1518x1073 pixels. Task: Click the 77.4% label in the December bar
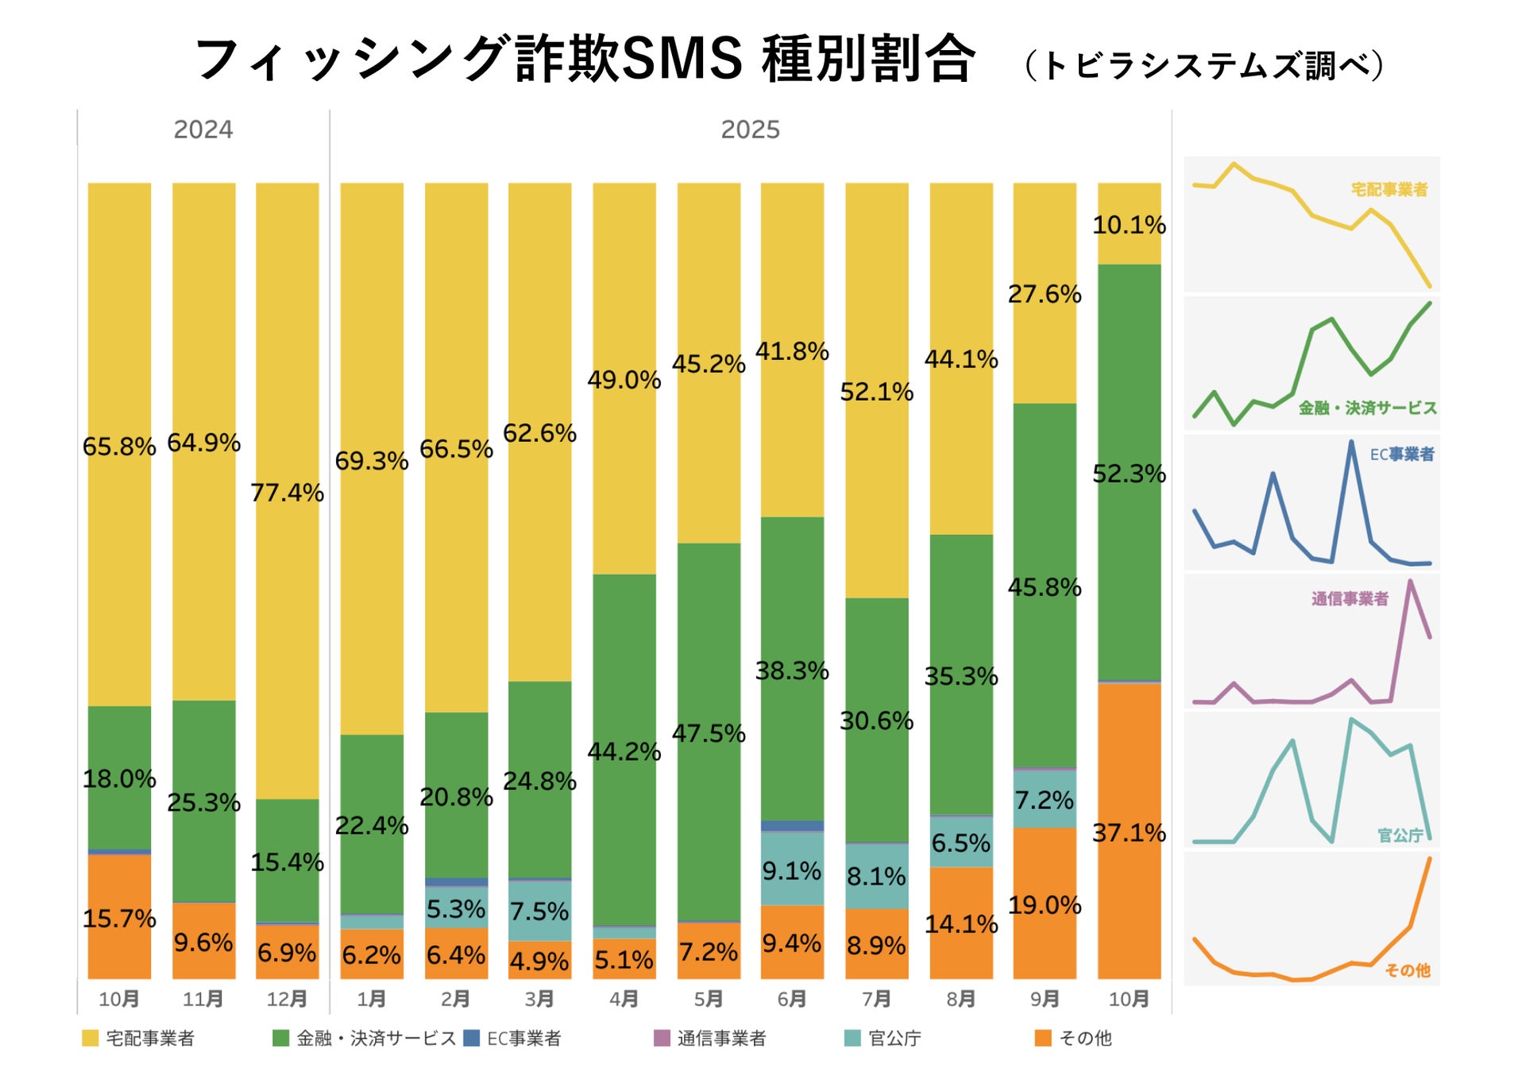(x=287, y=493)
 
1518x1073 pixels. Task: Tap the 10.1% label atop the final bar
(x=1129, y=225)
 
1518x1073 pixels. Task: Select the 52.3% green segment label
(x=1129, y=474)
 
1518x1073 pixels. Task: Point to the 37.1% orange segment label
(x=1129, y=833)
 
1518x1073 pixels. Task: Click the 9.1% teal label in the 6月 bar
(x=792, y=871)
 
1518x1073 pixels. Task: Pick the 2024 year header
(x=203, y=130)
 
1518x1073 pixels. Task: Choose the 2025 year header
(x=750, y=130)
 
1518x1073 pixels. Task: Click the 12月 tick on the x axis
(x=287, y=999)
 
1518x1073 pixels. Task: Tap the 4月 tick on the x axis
(x=624, y=999)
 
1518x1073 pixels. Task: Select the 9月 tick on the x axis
(x=1045, y=999)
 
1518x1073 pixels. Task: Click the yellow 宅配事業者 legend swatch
(x=90, y=1038)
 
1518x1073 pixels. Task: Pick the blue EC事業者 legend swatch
(x=471, y=1038)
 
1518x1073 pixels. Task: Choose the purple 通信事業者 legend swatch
(x=662, y=1038)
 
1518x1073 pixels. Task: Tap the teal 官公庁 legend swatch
(x=852, y=1038)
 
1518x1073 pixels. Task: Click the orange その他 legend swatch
(x=1043, y=1038)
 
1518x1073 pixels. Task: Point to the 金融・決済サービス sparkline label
(x=1367, y=408)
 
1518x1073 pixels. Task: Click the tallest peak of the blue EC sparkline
(x=1351, y=442)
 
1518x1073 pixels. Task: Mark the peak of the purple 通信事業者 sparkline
(x=1410, y=581)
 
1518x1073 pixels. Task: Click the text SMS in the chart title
(x=682, y=59)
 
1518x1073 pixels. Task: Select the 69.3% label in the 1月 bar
(x=371, y=461)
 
